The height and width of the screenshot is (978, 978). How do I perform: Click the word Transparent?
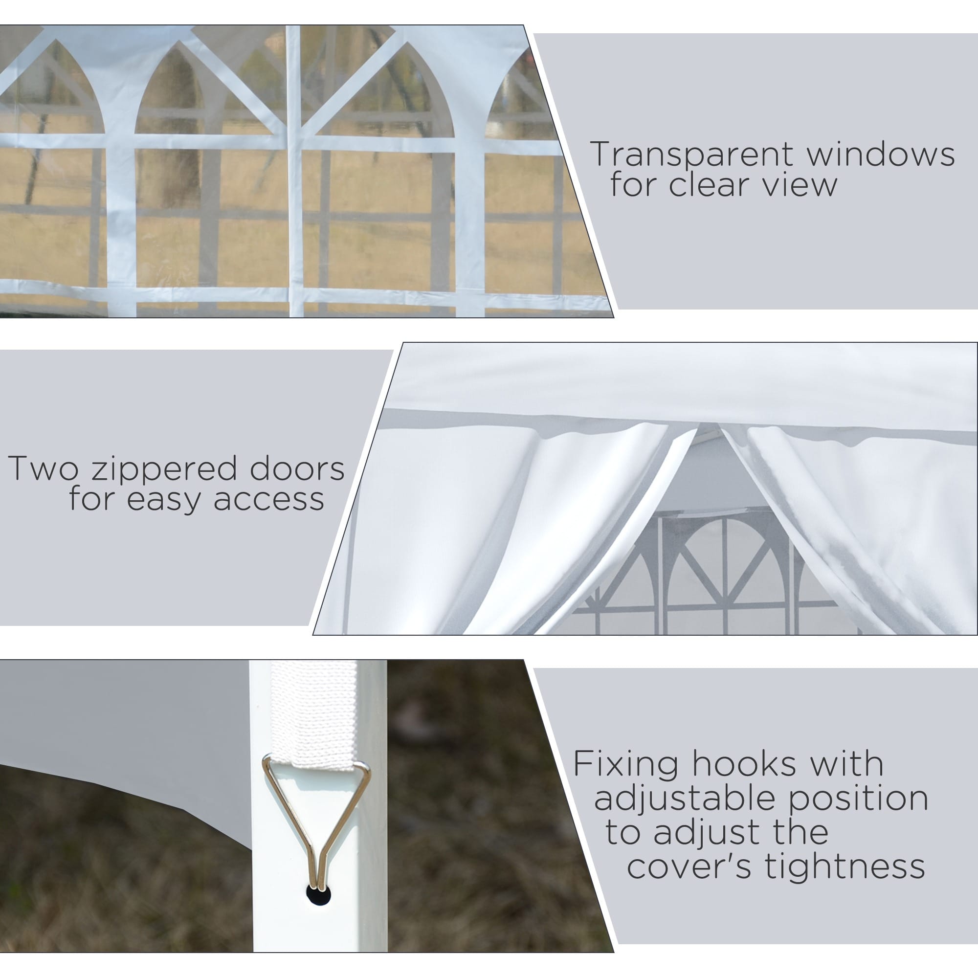click(693, 155)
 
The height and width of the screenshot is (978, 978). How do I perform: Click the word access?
click(269, 500)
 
